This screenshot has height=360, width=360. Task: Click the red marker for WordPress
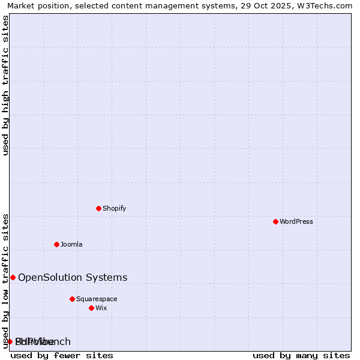coord(275,221)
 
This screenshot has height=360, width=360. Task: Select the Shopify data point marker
coord(99,208)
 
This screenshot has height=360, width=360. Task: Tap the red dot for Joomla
coord(56,244)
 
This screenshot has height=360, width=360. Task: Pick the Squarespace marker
coord(72,299)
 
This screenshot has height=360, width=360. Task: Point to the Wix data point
coord(91,308)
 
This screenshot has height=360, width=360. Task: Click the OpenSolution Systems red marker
coord(13,277)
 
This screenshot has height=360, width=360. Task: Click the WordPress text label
coord(296,221)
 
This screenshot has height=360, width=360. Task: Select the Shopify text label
coord(114,208)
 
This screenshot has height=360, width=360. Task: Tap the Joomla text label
coord(71,244)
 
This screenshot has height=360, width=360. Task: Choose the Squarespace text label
coord(97,299)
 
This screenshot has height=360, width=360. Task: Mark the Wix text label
coord(101,308)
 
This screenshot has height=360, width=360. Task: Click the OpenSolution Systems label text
coord(73,277)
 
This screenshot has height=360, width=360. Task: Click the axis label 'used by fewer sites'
coord(62,355)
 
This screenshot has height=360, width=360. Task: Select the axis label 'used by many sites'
coord(301,355)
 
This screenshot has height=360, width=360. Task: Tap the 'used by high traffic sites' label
coord(6,85)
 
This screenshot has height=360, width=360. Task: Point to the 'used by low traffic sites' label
coord(6,281)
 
